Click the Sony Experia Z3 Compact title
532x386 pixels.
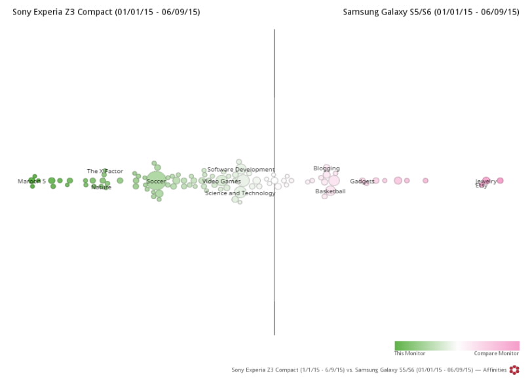tap(106, 12)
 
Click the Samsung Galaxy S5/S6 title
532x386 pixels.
tap(430, 12)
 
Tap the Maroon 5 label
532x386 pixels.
tap(31, 182)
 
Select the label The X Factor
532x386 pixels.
tap(105, 172)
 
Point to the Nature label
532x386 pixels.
tap(101, 187)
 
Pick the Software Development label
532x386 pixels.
tap(241, 170)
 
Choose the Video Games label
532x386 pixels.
tap(221, 182)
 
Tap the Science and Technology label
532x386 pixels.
tap(240, 193)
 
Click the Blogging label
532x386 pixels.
tap(326, 169)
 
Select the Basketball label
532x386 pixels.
tap(330, 192)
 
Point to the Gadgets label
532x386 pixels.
tap(362, 182)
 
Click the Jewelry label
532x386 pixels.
tap(486, 181)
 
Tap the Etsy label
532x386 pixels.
tap(481, 186)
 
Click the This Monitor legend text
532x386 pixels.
tap(409, 354)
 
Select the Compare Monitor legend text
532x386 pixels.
tap(496, 354)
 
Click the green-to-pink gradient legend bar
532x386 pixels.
tap(457, 345)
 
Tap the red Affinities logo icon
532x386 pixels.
tap(514, 370)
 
